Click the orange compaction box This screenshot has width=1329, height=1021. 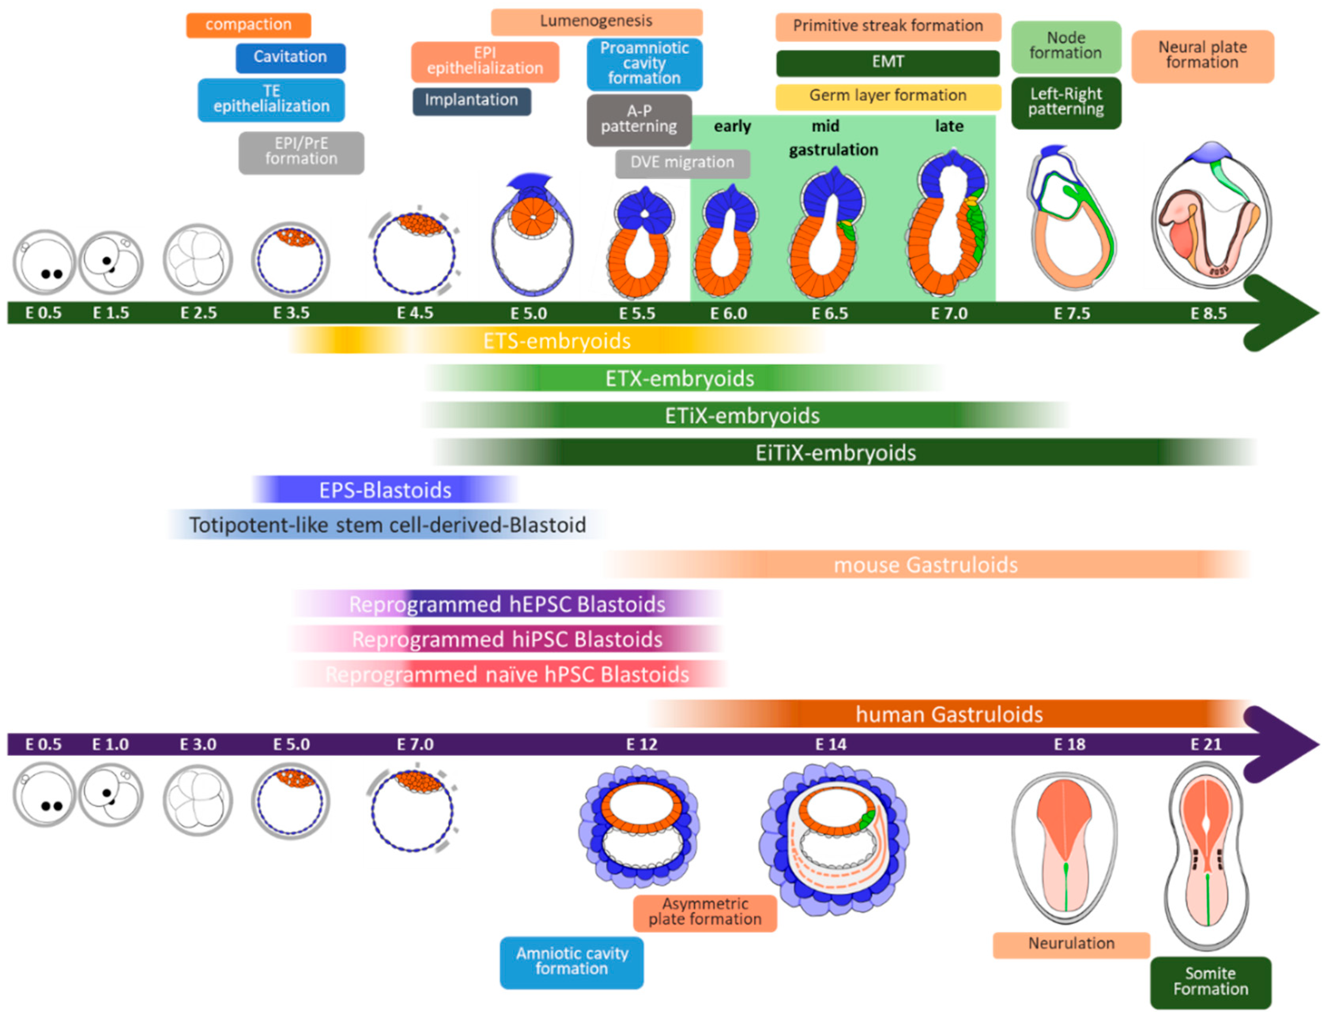point(248,25)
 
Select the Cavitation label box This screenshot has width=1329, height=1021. point(290,57)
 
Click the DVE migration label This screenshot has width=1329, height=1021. point(682,163)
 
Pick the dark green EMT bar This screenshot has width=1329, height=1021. point(887,63)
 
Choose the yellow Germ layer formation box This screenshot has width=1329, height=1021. point(887,96)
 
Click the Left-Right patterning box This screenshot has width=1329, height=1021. point(1065,102)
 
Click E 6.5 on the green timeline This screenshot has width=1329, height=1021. point(830,314)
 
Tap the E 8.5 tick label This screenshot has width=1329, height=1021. point(1208,314)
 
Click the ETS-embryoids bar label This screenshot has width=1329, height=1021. point(557,341)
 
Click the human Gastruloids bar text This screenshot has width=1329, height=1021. point(949,715)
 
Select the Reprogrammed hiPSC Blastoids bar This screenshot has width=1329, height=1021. point(506,640)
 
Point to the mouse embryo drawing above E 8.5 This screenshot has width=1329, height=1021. point(1210,216)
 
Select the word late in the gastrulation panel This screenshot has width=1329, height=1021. point(949,126)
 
